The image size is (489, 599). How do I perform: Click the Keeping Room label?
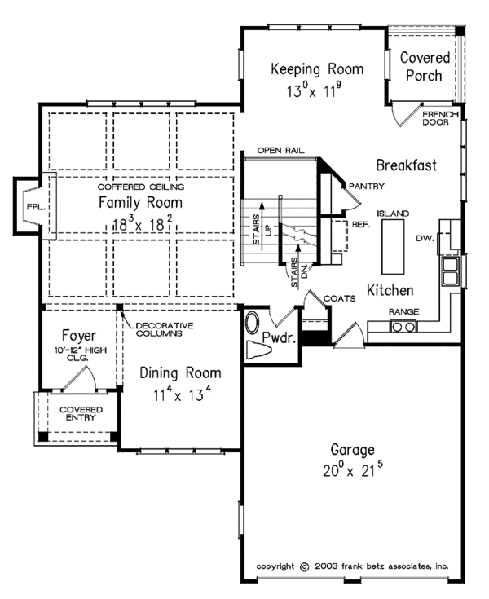pos(317,68)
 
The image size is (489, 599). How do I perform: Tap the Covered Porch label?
pos(424,67)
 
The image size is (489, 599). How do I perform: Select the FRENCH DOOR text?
pos(441,120)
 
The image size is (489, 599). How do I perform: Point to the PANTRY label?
pos(367,187)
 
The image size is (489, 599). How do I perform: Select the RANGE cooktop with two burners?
pos(403,327)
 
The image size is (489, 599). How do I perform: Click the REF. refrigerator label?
pos(361,223)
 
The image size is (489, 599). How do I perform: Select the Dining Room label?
pos(179,373)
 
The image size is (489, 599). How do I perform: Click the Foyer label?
pos(79,336)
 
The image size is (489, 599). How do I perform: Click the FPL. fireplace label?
pos(33,206)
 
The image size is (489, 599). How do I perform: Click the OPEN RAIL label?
pos(274,151)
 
